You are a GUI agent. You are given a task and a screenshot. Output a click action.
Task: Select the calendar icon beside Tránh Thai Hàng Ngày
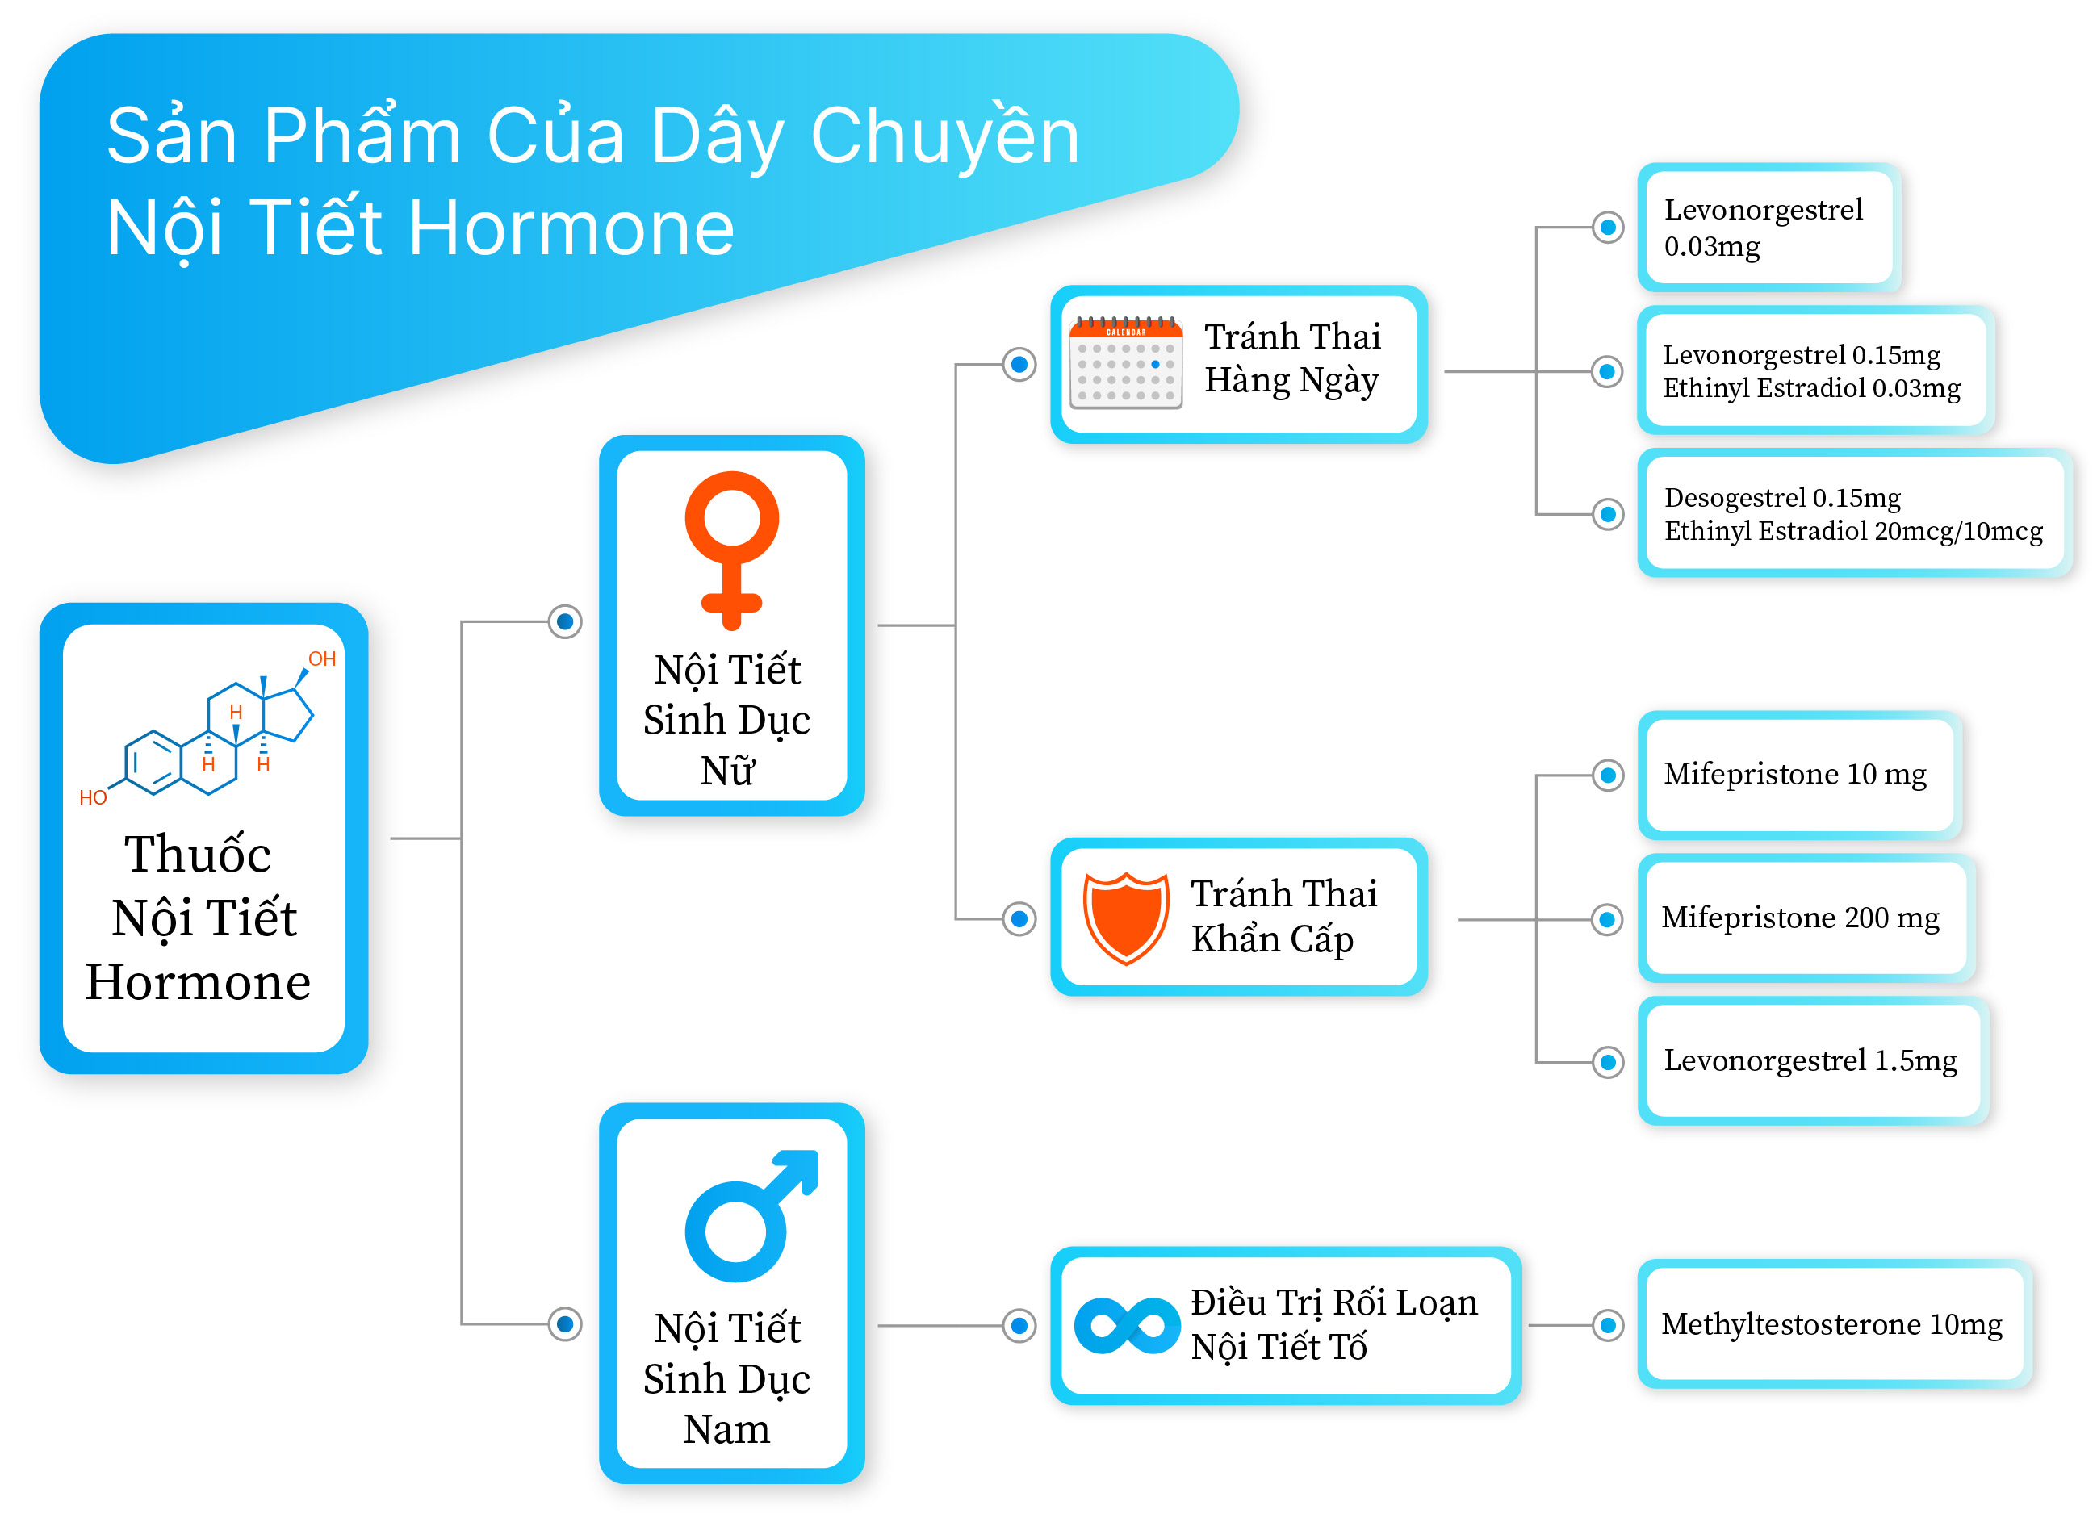pos(1125,362)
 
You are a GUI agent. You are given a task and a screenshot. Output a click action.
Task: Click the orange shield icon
pos(1125,918)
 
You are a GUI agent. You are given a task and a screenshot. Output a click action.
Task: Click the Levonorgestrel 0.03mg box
pos(1768,228)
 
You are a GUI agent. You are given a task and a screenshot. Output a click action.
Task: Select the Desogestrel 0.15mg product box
pos(1853,513)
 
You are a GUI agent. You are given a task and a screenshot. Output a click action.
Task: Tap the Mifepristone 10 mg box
pos(1798,775)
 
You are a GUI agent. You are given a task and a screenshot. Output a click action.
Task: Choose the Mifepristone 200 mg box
pos(1805,918)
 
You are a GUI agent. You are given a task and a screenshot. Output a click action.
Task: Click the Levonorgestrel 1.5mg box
pos(1812,1060)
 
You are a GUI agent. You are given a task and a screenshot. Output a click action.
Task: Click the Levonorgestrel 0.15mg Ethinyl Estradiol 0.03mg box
pos(1815,370)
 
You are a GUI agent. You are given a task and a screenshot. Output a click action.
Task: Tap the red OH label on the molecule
pos(322,659)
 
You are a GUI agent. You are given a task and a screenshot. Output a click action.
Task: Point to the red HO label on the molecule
pos(94,797)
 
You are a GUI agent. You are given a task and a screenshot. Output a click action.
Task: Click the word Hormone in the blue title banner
pos(571,228)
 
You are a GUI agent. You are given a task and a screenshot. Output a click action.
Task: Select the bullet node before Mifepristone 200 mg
pos(1608,920)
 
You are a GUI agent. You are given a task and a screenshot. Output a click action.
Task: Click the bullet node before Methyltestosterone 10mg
pos(1608,1325)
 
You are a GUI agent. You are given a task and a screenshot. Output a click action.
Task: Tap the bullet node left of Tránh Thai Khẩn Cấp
pos(1019,919)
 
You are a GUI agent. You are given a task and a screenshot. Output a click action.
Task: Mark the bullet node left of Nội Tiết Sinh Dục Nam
pos(565,1324)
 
